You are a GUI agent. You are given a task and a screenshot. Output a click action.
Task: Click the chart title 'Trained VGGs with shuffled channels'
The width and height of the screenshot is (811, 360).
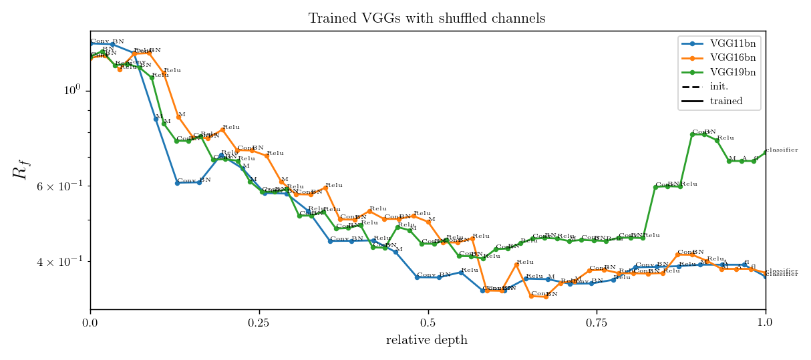[426, 18]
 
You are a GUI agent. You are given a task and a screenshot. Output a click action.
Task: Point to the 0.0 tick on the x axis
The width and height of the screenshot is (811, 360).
[90, 322]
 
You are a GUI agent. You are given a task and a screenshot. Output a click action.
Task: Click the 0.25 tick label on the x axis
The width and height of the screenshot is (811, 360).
[259, 322]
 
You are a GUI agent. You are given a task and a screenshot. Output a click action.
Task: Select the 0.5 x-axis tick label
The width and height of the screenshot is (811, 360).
[428, 322]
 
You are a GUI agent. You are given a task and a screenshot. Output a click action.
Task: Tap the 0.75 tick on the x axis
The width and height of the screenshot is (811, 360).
[596, 322]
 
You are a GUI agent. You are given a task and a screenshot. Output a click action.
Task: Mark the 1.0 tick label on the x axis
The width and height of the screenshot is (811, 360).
[765, 322]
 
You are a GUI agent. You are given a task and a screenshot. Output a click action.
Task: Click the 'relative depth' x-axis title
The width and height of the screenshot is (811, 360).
[426, 340]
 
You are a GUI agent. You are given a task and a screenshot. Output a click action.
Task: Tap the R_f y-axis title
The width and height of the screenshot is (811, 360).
[21, 170]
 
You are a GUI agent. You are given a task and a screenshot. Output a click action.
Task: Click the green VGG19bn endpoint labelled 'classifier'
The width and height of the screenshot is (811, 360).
[765, 153]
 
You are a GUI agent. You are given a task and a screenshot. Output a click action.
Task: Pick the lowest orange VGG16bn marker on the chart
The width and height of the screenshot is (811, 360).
[546, 297]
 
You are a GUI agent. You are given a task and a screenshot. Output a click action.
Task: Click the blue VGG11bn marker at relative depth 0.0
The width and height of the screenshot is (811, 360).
[91, 44]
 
